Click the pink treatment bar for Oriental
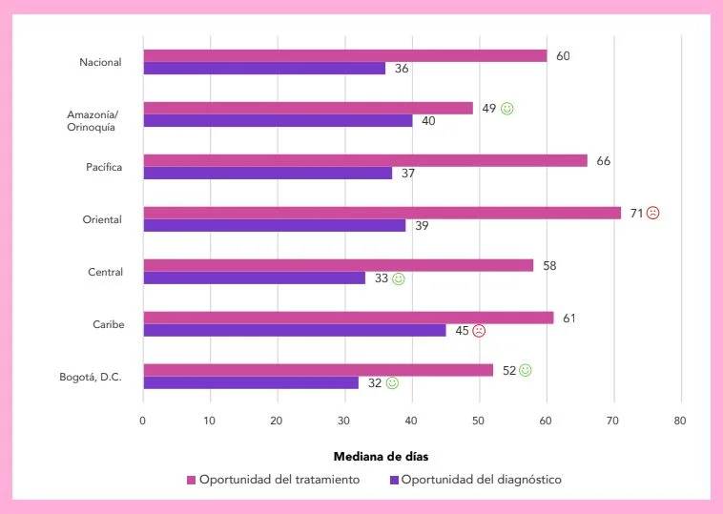tap(382, 213)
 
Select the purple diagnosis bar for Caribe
tap(294, 330)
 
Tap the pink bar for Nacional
tap(344, 55)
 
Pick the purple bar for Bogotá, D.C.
tap(251, 382)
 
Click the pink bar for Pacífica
tap(364, 160)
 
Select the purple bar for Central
tap(254, 278)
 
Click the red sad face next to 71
tap(652, 213)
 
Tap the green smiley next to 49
tap(507, 109)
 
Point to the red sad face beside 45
tap(479, 331)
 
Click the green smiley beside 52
tap(526, 370)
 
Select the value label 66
tap(603, 161)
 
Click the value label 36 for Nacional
tap(402, 69)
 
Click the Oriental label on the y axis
tap(102, 219)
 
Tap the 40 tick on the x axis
tap(411, 421)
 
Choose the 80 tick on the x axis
tap(680, 421)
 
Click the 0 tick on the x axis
tap(143, 421)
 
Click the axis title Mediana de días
tap(387, 457)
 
